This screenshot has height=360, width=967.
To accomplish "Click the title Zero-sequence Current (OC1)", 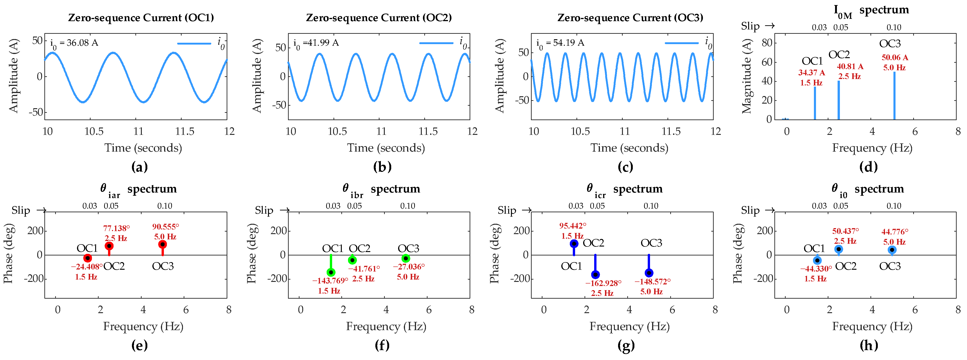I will coord(141,18).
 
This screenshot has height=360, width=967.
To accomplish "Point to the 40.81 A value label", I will coord(850,66).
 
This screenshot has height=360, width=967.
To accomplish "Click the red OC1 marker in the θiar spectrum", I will coord(88,258).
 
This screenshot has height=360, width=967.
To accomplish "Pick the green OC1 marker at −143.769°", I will coord(331,272).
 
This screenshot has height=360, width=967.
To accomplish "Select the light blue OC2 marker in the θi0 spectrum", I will coord(839,249).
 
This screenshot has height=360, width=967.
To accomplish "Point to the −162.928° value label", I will coord(603,283).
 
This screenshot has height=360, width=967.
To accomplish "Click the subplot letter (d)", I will coord(868,167).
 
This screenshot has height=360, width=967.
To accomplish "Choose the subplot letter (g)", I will coord(625,345).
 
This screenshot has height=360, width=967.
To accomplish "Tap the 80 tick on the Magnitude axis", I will coord(767,43).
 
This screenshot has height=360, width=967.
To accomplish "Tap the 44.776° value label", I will coord(895,232).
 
